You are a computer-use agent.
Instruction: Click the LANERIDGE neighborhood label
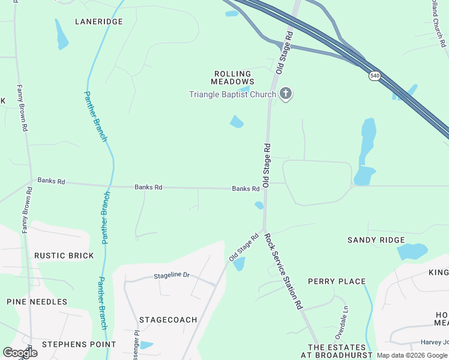tap(98, 22)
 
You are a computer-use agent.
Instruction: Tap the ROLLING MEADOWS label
tap(233, 77)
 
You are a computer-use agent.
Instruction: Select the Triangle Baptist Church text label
tap(232, 94)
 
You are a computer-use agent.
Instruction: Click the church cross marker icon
tap(286, 94)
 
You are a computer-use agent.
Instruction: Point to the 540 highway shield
tap(375, 76)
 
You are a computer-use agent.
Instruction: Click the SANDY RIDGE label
tap(376, 240)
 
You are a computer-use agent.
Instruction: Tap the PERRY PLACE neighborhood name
tap(337, 281)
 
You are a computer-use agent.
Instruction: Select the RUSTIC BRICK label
tap(64, 256)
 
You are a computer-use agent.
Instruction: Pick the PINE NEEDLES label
tap(37, 302)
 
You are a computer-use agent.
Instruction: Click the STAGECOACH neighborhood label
tap(168, 320)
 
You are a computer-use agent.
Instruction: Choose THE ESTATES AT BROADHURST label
tap(337, 351)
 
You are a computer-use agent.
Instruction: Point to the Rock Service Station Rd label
tap(284, 271)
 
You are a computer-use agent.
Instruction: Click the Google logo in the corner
tap(20, 353)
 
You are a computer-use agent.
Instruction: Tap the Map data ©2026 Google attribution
tap(412, 355)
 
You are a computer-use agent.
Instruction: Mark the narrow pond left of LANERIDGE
tap(61, 35)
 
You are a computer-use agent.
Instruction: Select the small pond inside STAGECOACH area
tap(146, 345)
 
